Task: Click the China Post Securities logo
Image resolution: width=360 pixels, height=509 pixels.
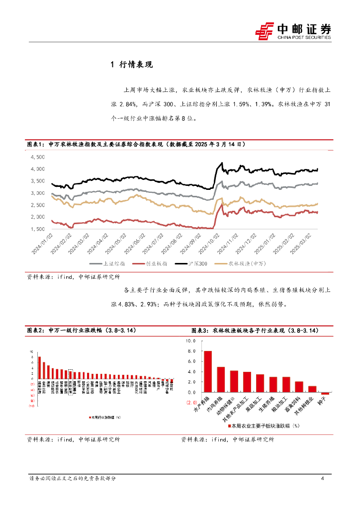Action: (293, 30)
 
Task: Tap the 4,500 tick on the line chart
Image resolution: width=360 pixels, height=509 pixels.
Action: (38, 157)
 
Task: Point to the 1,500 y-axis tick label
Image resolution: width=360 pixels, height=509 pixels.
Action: (38, 229)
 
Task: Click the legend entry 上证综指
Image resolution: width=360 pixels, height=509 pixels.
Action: (112, 264)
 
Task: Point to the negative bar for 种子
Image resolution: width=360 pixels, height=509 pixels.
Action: (325, 393)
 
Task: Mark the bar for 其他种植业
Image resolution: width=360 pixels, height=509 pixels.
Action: (312, 389)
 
